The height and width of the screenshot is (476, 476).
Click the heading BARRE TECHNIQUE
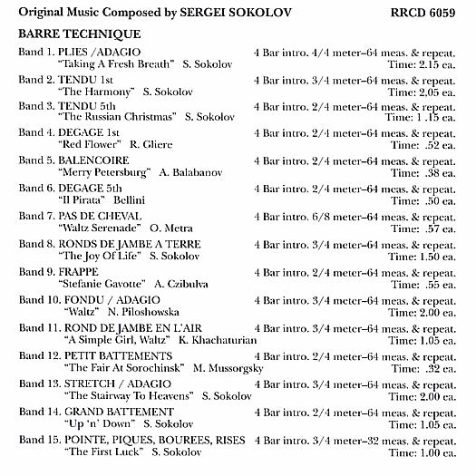tap(73, 33)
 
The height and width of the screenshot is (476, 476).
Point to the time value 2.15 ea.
tap(434, 65)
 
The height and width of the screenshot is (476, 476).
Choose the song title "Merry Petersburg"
tap(99, 171)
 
